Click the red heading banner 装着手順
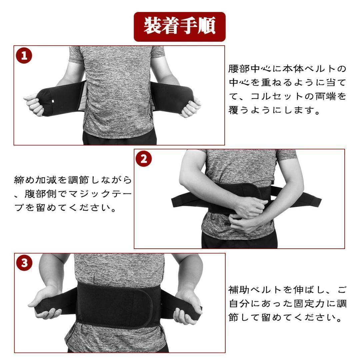[180, 27]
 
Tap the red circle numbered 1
[24, 56]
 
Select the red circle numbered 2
[144, 159]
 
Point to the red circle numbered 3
[24, 263]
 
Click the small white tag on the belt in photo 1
[53, 101]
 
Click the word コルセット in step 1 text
[277, 96]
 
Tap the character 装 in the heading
[152, 26]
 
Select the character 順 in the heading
[207, 26]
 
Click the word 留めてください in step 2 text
[76, 208]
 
